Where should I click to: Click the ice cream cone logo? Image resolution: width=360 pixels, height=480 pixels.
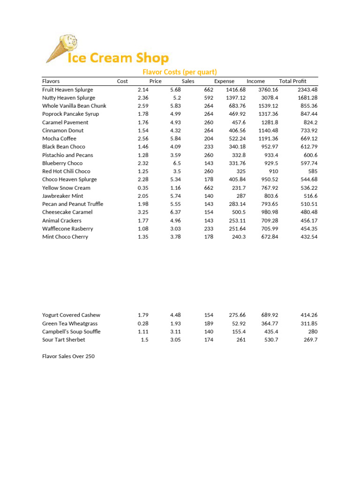pos(61,48)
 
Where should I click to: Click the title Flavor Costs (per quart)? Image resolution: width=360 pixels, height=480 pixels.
pos(180,72)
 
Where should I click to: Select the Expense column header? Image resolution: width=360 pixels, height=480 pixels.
pos(224,81)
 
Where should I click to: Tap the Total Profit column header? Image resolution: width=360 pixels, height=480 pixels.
pos(292,81)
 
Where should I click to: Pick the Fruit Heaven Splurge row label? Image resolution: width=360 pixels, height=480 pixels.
pos(67,90)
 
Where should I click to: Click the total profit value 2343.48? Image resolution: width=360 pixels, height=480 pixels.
pos(307,90)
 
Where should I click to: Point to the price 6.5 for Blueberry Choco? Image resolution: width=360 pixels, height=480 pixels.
pos(176,163)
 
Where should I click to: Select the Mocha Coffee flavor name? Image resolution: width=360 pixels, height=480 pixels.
pos(59,139)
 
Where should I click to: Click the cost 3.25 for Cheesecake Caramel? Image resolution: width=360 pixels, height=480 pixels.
pos(143,212)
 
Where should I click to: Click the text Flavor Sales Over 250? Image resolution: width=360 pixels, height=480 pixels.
pos(68,356)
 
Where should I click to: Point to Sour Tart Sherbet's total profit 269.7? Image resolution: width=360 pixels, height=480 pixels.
pos(310,340)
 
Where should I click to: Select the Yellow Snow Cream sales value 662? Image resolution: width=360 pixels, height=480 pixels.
pos(209,187)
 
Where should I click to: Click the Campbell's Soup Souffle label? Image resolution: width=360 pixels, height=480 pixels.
pos(71,331)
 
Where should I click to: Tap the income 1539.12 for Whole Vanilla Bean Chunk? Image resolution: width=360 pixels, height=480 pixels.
pos(268,106)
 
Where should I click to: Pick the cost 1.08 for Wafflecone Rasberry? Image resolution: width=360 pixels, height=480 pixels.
pos(143,228)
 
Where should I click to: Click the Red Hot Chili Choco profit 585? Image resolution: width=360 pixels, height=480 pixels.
pos(312,171)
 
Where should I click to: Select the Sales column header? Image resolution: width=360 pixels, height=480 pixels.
pos(188,81)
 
